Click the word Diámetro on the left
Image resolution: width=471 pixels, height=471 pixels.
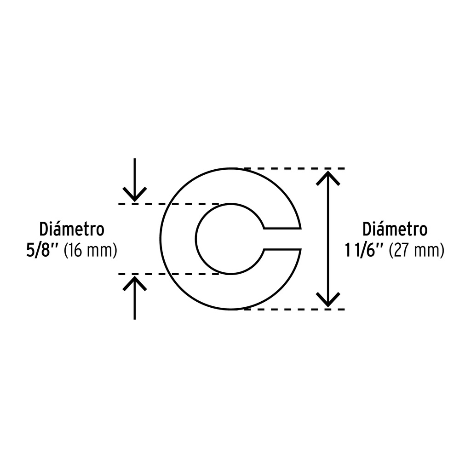(72, 229)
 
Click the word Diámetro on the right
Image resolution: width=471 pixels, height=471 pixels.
(395, 229)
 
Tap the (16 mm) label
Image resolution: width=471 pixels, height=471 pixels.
(90, 251)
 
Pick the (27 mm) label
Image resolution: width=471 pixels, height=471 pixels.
(417, 251)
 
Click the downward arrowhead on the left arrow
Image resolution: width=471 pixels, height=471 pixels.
(135, 195)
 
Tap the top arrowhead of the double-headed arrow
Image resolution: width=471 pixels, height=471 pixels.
(328, 178)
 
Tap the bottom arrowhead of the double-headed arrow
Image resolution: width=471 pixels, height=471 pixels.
(328, 300)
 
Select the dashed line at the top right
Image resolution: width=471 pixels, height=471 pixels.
(294, 168)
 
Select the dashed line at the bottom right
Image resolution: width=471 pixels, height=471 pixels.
(294, 309)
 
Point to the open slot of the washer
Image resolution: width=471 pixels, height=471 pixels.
(282, 239)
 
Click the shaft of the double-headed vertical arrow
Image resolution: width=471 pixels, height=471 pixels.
(328, 239)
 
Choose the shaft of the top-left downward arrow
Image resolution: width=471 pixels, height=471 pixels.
(135, 179)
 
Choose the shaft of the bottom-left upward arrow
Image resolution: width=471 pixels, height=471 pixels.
(135, 298)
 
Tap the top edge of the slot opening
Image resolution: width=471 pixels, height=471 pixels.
(282, 229)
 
